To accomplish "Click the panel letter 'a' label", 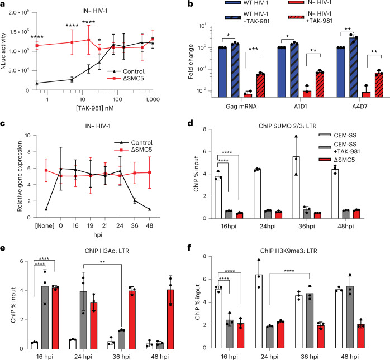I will click(x=3, y=4).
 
